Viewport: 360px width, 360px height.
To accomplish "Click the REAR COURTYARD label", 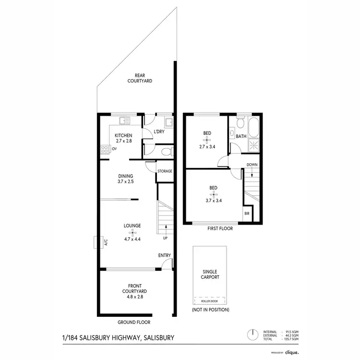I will coord(140,78).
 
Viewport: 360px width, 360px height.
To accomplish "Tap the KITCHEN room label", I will coord(123,139).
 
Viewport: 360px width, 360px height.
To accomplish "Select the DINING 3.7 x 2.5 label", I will coord(126,179).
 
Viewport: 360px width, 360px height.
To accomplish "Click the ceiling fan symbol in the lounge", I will coord(132,232).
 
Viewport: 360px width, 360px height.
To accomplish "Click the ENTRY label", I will coord(165,255).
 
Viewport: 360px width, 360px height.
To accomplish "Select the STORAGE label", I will coord(165,171).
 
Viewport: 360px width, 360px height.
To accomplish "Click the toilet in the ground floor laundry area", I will coord(165,152).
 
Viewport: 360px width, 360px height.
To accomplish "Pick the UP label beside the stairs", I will coord(166,238).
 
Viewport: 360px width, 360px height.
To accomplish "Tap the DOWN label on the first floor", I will coord(252,165).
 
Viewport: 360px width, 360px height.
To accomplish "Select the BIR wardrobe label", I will coord(247,213).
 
